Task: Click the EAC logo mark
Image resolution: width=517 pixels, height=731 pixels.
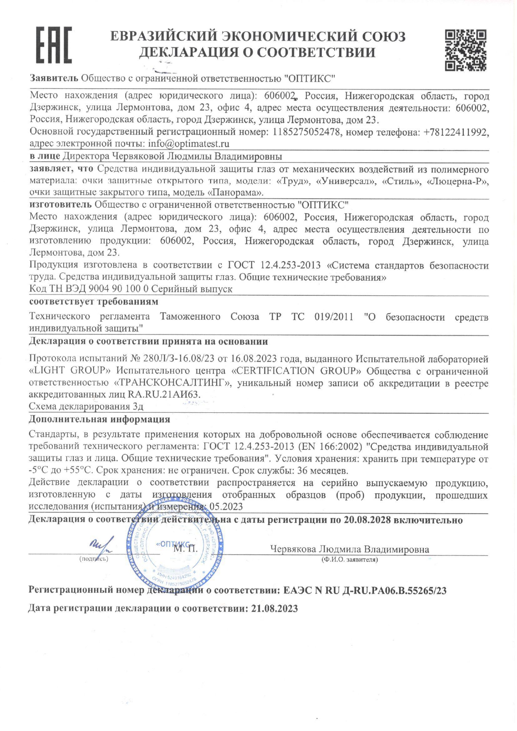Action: (54, 45)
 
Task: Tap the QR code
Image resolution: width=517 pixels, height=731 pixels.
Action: (465, 50)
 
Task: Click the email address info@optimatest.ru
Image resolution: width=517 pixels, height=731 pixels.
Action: (189, 144)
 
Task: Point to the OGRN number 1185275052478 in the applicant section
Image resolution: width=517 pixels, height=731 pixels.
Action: (307, 132)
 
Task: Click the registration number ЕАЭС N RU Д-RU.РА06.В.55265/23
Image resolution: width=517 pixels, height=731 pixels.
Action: (365, 590)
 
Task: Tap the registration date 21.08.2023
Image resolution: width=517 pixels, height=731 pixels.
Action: (275, 609)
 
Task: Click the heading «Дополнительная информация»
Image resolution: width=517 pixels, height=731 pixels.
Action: (99, 419)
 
